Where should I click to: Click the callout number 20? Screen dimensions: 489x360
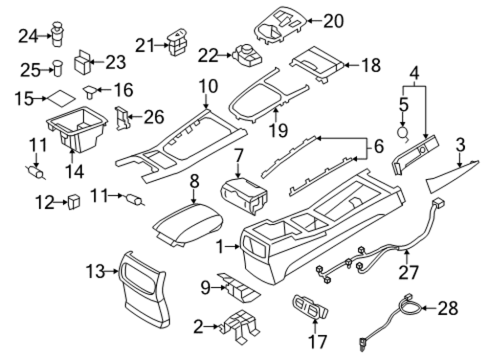coord(334,21)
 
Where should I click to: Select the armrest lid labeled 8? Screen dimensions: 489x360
coord(188,224)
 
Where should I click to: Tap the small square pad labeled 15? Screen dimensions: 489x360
coord(61,98)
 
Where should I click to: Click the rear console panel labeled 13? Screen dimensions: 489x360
coord(144,289)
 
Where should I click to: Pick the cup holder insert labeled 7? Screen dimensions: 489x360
coord(244,195)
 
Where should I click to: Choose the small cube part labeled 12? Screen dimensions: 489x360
coord(74,202)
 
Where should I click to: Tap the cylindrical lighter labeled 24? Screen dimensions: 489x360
coord(58,34)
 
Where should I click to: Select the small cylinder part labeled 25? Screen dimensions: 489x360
coord(58,69)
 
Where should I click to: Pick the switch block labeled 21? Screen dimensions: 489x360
coord(178,42)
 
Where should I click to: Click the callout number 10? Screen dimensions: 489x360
coord(208,86)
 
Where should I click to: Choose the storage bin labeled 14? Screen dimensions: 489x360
coord(77,129)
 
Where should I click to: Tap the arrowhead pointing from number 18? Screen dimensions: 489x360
coord(347,66)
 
